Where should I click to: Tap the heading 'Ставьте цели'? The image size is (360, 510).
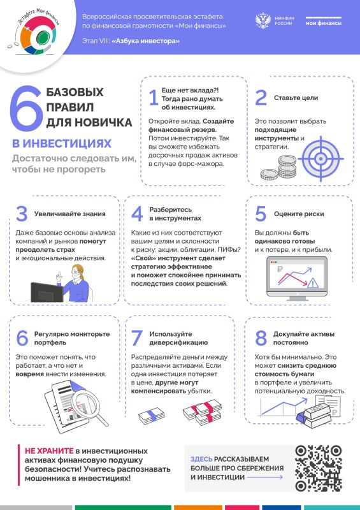click(296, 98)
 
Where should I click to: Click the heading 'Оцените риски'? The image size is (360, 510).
click(298, 214)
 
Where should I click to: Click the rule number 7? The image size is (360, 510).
click(136, 338)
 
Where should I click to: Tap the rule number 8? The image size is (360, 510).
click(260, 338)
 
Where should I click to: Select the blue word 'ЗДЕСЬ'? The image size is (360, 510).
click(201, 458)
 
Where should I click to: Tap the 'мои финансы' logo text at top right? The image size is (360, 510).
click(323, 23)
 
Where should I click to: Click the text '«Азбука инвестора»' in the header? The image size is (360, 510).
click(146, 41)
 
